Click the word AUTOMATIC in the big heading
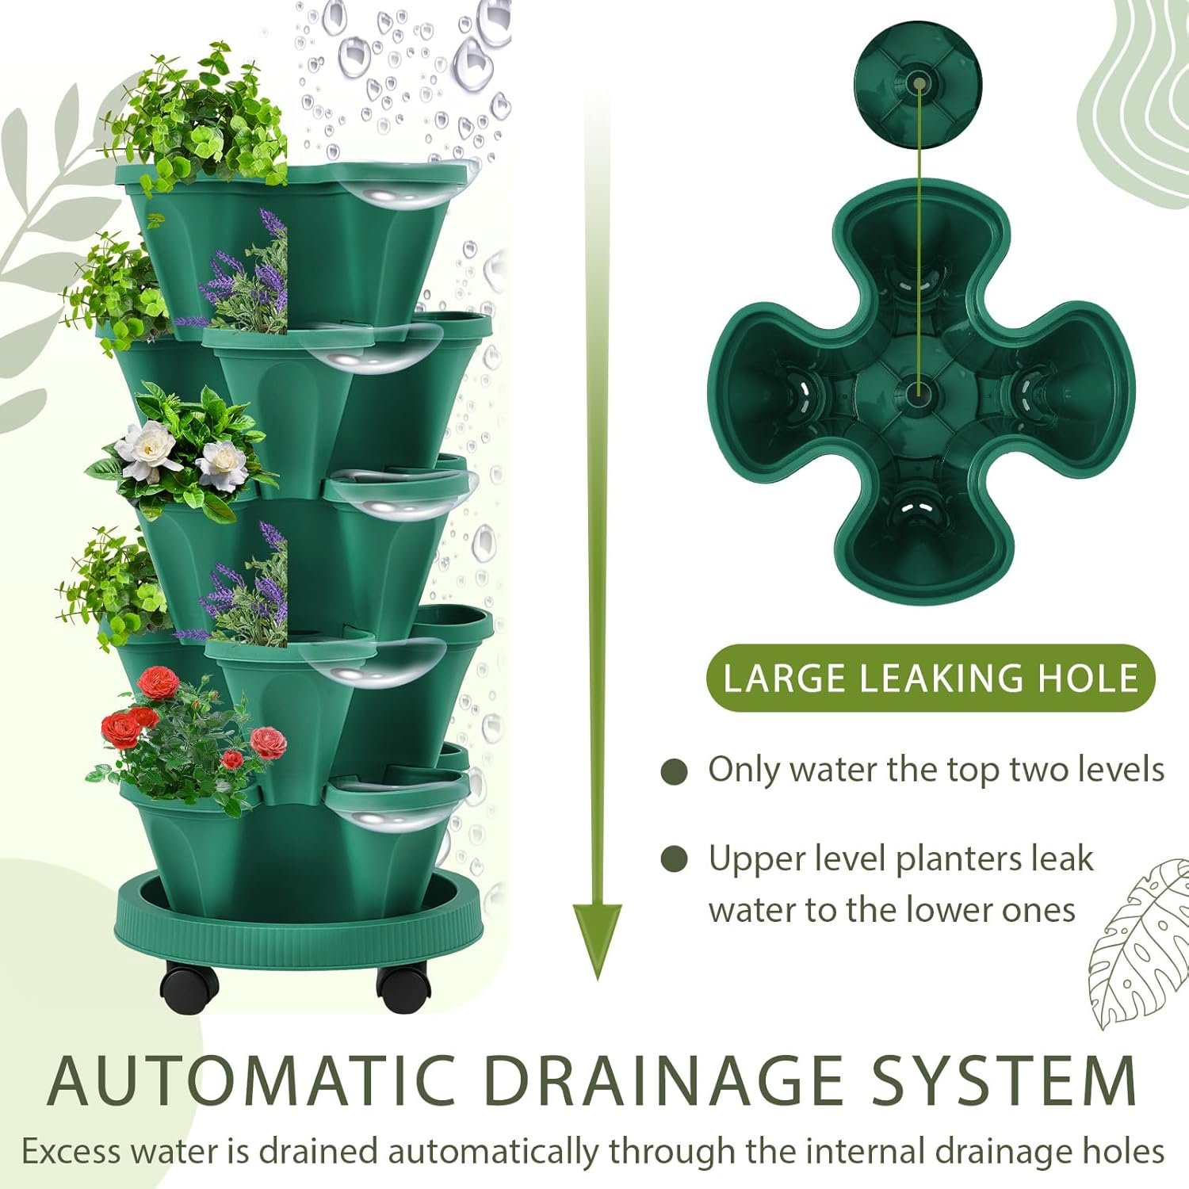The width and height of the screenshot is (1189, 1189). click(251, 1080)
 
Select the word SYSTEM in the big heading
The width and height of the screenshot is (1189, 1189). click(1004, 1080)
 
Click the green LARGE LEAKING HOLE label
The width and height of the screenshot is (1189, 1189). click(931, 679)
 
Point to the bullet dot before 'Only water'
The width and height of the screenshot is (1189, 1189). click(674, 772)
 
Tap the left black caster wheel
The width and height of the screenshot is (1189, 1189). click(189, 984)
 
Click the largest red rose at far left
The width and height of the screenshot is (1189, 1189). click(120, 728)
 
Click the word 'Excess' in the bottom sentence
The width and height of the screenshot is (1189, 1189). click(71, 1151)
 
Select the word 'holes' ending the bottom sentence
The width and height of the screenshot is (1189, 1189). click(1125, 1151)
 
